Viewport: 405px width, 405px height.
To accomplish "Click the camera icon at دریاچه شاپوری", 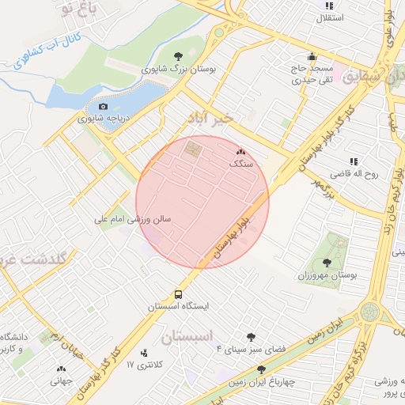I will click(103, 107).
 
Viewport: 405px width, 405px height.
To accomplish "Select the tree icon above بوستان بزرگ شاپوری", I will click(180, 55).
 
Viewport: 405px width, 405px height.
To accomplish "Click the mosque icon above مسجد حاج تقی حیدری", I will click(312, 57).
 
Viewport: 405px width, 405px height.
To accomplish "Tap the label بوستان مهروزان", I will click(327, 274).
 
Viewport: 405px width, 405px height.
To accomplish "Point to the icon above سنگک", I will click(241, 150).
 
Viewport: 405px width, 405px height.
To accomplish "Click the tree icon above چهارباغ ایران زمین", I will click(261, 368).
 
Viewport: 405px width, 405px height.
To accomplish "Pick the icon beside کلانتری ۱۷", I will click(143, 353).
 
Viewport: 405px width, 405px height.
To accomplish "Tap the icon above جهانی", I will click(61, 368).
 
